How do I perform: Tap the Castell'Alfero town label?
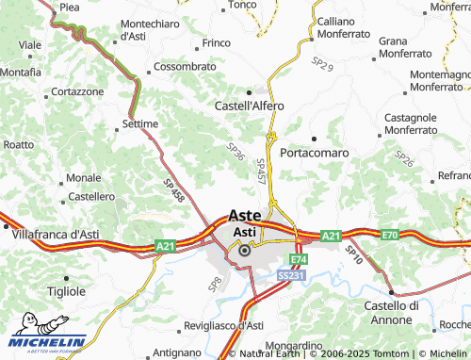(x=250, y=106)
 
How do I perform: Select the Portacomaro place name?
(x=315, y=152)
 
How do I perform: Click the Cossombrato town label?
(x=185, y=68)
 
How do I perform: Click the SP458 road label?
(x=172, y=190)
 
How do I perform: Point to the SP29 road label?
(x=322, y=65)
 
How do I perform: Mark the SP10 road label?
(x=354, y=253)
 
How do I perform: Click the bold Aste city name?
(x=245, y=215)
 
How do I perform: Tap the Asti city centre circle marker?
(x=245, y=250)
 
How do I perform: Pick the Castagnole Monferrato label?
(x=392, y=123)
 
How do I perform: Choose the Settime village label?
(x=140, y=123)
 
